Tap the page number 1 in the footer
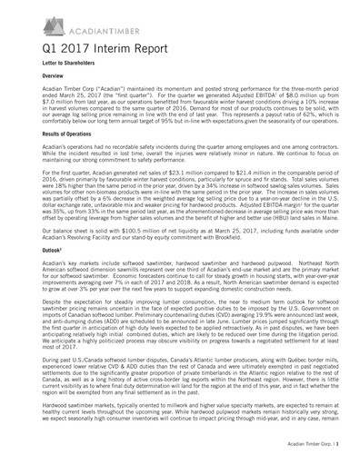tap(338, 450)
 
